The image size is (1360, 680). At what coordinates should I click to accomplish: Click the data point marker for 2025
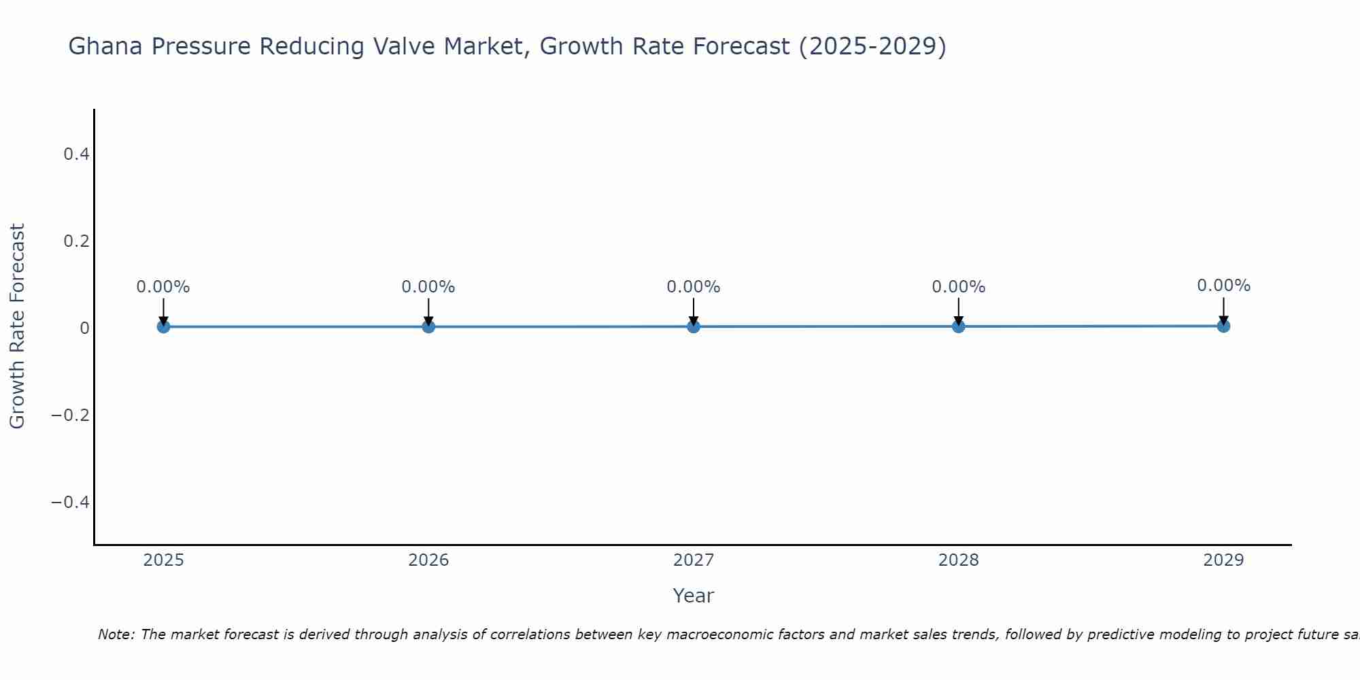tap(163, 326)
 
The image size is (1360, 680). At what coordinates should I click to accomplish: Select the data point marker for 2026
tap(428, 326)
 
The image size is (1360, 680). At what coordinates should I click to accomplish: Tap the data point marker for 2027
tap(694, 326)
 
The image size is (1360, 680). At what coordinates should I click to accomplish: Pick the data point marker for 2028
tap(958, 326)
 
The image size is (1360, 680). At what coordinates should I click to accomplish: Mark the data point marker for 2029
tap(1223, 326)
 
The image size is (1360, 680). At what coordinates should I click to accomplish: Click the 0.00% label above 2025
tap(163, 287)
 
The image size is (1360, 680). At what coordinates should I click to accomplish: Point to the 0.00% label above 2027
tap(694, 287)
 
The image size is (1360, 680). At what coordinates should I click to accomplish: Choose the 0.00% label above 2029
tap(1223, 286)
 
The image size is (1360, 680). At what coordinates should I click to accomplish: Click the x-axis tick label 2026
tap(428, 560)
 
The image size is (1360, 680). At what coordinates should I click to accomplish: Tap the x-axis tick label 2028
tap(958, 560)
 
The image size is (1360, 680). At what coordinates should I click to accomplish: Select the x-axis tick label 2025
tap(164, 560)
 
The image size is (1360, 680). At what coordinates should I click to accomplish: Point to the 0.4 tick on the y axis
tap(76, 154)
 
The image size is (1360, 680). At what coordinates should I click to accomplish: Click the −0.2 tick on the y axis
tap(71, 415)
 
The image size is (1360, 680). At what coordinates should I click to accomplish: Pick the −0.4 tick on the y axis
tap(71, 502)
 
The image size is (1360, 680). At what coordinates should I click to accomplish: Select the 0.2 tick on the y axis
tap(76, 241)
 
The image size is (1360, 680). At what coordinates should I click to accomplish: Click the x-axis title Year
tap(693, 596)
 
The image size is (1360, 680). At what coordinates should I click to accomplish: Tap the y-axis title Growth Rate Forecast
tap(17, 326)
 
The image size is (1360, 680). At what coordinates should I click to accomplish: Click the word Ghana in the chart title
tap(105, 46)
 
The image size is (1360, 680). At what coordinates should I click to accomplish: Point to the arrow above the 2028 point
tap(958, 311)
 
